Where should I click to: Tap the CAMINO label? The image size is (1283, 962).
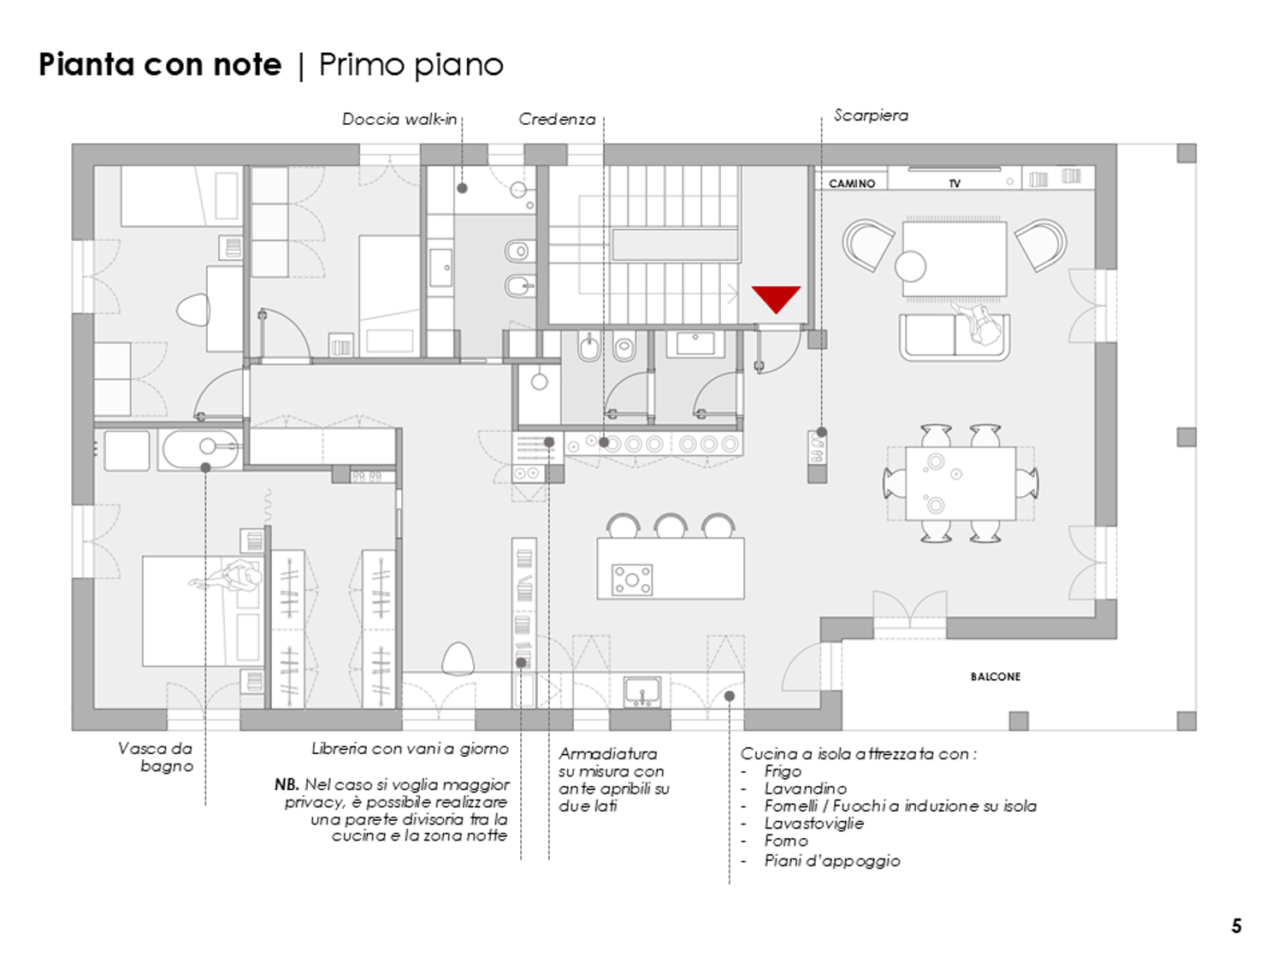[852, 183]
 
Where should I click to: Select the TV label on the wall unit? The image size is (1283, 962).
[955, 183]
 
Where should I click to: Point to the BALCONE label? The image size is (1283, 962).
[996, 676]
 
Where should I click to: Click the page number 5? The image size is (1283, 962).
[1236, 926]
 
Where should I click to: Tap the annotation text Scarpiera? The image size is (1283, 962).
[871, 115]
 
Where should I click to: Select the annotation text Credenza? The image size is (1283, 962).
[557, 119]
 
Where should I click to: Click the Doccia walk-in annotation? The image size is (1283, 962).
[399, 119]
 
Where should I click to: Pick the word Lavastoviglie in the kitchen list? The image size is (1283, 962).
[813, 823]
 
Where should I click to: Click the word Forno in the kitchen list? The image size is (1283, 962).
[786, 841]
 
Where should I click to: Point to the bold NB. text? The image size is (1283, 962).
[287, 784]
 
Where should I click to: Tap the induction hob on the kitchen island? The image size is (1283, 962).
[631, 580]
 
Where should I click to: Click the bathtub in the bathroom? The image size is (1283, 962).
[200, 450]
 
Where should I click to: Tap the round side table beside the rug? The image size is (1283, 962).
[910, 266]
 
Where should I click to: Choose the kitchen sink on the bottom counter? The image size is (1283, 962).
[641, 692]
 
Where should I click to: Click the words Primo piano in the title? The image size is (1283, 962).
[411, 65]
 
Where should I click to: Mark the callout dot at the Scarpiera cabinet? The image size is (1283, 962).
[821, 432]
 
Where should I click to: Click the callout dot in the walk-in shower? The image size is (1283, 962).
[462, 188]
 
